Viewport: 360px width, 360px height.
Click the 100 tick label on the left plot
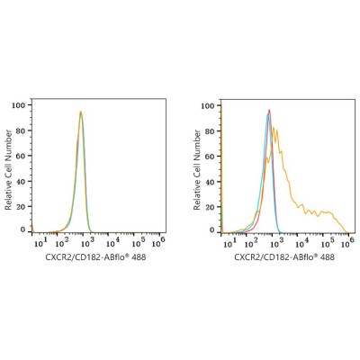coord(18,105)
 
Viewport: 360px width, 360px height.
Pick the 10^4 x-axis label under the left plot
coord(112,242)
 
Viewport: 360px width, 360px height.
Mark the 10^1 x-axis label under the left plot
coord(40,242)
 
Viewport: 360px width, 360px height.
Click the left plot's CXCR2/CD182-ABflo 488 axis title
coord(95,257)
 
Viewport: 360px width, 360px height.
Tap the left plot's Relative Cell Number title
coord(8,170)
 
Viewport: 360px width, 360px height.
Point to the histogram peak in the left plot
coord(80,112)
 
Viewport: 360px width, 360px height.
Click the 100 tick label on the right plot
coord(208,106)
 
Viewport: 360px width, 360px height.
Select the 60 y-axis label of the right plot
coord(210,157)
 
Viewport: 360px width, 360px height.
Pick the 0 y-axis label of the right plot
coord(212,230)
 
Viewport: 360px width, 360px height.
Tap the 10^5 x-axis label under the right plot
coord(328,243)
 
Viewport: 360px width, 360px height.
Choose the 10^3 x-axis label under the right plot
coord(275,243)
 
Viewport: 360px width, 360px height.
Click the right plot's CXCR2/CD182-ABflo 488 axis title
coord(284,257)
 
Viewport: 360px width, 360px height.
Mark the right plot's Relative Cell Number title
coord(197,170)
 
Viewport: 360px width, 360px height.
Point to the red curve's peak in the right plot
coord(269,110)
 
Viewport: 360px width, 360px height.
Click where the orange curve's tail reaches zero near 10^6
coord(347,232)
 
